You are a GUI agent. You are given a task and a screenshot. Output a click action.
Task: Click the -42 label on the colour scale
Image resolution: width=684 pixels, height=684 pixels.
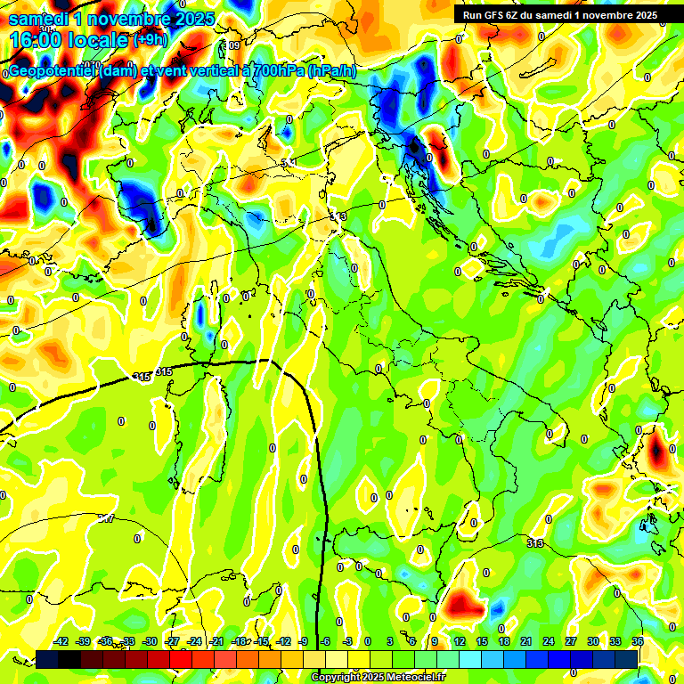[x=61, y=641]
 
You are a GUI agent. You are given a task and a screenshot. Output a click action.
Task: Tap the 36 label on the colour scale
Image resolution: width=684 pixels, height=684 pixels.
[x=637, y=641]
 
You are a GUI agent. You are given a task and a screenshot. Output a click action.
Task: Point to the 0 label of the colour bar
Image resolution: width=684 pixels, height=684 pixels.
[x=368, y=641]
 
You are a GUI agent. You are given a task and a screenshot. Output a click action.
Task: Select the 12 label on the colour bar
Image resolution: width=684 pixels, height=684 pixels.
[x=460, y=641]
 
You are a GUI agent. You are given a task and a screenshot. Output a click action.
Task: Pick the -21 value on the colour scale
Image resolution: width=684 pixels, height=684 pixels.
[x=216, y=641]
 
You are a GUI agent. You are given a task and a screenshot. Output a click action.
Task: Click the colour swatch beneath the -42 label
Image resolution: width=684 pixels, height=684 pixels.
[x=47, y=659]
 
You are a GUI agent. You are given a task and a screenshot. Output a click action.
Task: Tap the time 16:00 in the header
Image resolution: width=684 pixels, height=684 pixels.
[x=40, y=39]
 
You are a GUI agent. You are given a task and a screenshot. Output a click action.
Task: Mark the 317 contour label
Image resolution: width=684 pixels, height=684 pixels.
[x=106, y=517]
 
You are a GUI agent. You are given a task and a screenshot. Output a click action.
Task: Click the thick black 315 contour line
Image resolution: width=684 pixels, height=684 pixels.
[x=223, y=362]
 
